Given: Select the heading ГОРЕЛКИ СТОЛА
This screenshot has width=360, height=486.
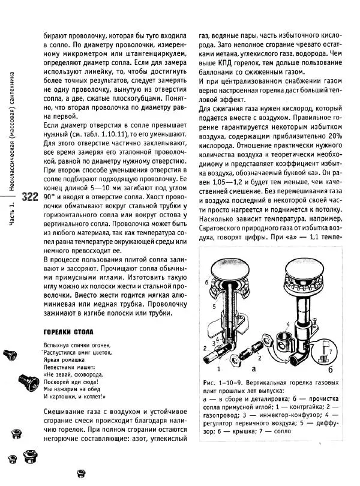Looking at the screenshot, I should (x=68, y=331).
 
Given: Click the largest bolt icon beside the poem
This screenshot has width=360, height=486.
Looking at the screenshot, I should (x=23, y=380).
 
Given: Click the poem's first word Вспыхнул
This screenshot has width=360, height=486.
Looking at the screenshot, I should (x=58, y=344).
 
